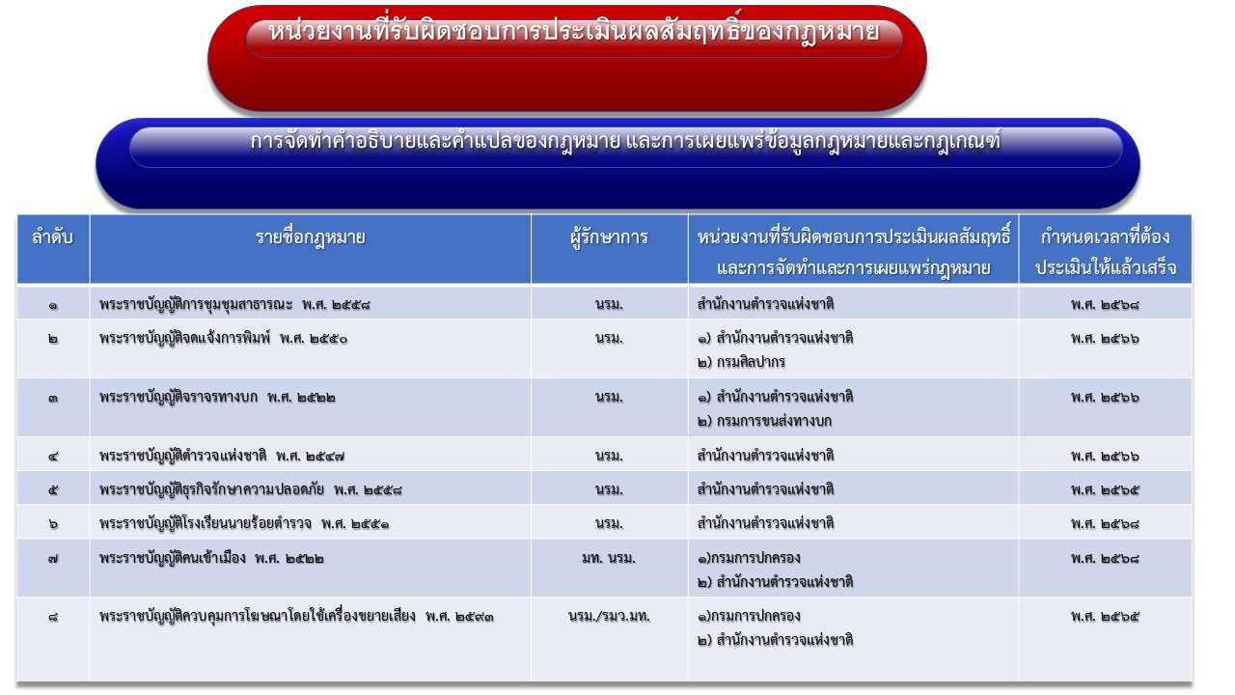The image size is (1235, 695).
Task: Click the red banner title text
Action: (x=573, y=32)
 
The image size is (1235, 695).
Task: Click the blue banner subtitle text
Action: (x=625, y=142)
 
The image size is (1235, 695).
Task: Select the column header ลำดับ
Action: (x=53, y=237)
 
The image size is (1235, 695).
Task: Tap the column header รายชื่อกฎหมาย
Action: (x=311, y=237)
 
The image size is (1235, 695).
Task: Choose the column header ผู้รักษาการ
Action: (x=609, y=237)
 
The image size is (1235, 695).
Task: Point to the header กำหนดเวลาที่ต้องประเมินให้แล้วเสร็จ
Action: (x=1106, y=253)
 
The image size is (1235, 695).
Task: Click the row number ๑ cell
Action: (x=53, y=305)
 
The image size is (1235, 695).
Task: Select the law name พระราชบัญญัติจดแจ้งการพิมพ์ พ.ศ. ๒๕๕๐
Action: (x=223, y=338)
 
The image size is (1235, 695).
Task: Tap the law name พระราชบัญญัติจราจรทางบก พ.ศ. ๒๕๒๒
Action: (x=217, y=397)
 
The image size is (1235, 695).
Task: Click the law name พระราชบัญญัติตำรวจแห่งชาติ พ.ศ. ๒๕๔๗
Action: (x=222, y=456)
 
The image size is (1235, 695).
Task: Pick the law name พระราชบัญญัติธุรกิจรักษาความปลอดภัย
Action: (x=211, y=489)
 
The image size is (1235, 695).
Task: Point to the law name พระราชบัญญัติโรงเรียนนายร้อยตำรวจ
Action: (x=206, y=523)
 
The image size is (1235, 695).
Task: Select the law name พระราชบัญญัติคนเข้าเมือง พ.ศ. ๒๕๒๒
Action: (x=211, y=558)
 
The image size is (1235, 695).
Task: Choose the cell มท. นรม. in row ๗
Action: (x=609, y=558)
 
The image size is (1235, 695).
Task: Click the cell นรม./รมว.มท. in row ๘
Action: (x=609, y=616)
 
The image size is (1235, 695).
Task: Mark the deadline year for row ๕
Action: (x=1105, y=489)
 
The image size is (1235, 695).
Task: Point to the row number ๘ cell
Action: (x=53, y=617)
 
